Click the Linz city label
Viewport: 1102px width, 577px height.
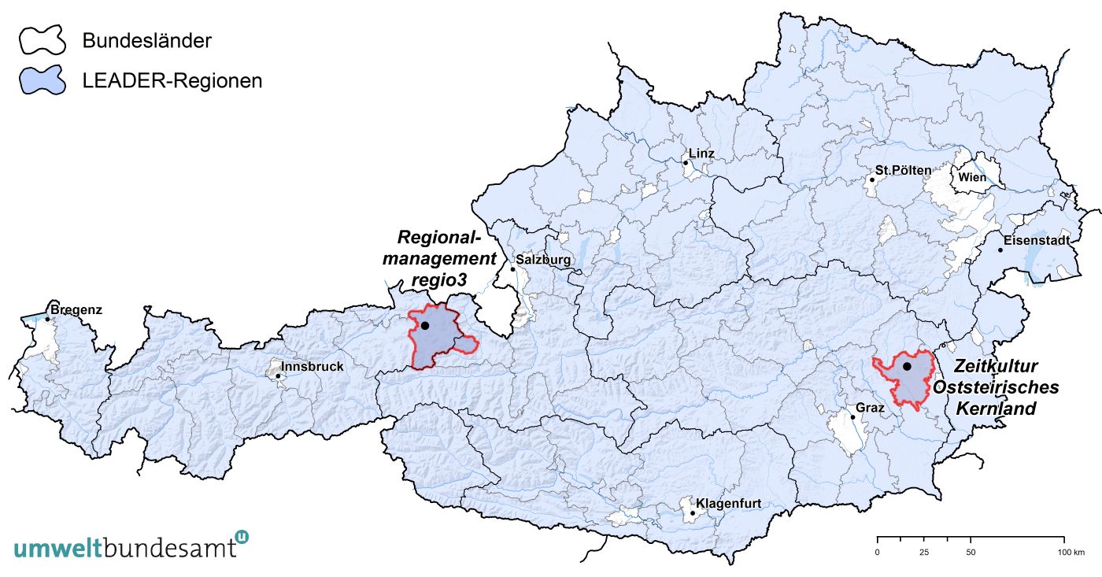coord(701,153)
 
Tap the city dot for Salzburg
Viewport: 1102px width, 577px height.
coord(512,269)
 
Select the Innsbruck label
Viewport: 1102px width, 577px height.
coord(312,366)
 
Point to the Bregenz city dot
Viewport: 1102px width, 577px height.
coord(47,319)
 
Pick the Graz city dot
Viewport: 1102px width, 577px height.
coord(852,417)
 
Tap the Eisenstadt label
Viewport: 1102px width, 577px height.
coord(1036,240)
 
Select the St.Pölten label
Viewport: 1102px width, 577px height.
coord(903,170)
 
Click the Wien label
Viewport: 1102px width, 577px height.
coord(972,177)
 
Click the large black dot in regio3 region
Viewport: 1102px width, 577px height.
coord(425,325)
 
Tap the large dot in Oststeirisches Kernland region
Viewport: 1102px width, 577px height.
coord(907,366)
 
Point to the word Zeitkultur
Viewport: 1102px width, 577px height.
coord(996,367)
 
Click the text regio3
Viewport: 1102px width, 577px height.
coord(439,280)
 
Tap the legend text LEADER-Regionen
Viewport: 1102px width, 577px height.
coord(172,80)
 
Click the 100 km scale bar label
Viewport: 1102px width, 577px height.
coord(1071,553)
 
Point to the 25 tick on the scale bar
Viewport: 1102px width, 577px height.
coord(924,553)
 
